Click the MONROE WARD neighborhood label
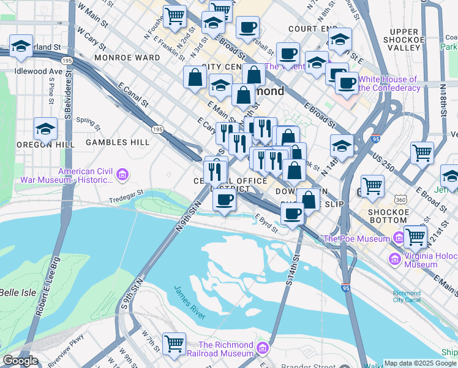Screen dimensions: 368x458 pyautogui.click(x=127, y=58)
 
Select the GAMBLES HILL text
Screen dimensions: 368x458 pyautogui.click(x=118, y=142)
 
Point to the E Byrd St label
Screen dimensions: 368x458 pyautogui.click(x=266, y=223)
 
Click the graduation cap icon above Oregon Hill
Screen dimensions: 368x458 pyautogui.click(x=46, y=129)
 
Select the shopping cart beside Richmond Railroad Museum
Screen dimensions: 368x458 pyautogui.click(x=175, y=343)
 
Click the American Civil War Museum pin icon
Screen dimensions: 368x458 pyautogui.click(x=122, y=175)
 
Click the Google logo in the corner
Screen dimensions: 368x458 pyautogui.click(x=20, y=361)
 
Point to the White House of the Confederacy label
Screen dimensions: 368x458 pyautogui.click(x=388, y=83)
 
